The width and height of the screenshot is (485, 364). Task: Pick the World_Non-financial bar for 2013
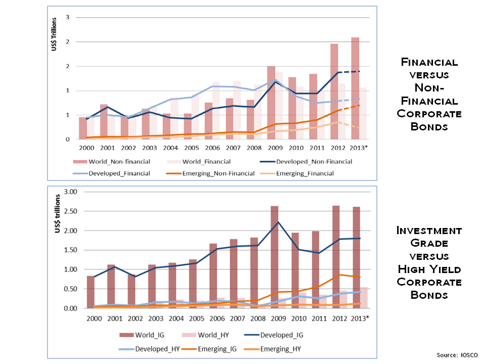355,88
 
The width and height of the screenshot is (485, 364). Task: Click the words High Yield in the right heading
429,268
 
